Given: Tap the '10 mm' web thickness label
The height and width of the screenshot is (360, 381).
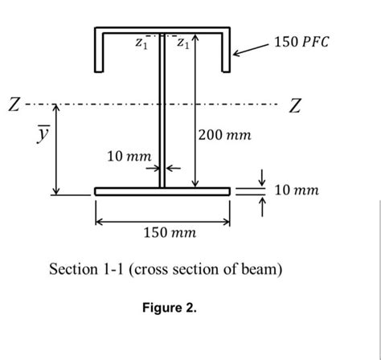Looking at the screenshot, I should (128, 153).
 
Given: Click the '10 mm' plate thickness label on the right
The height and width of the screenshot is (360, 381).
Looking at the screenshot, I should (297, 190).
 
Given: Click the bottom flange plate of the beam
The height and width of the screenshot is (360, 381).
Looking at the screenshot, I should (162, 191).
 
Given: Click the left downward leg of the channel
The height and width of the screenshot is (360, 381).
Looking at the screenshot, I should (99, 53).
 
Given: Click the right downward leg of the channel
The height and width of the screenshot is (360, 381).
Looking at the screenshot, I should (226, 53).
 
